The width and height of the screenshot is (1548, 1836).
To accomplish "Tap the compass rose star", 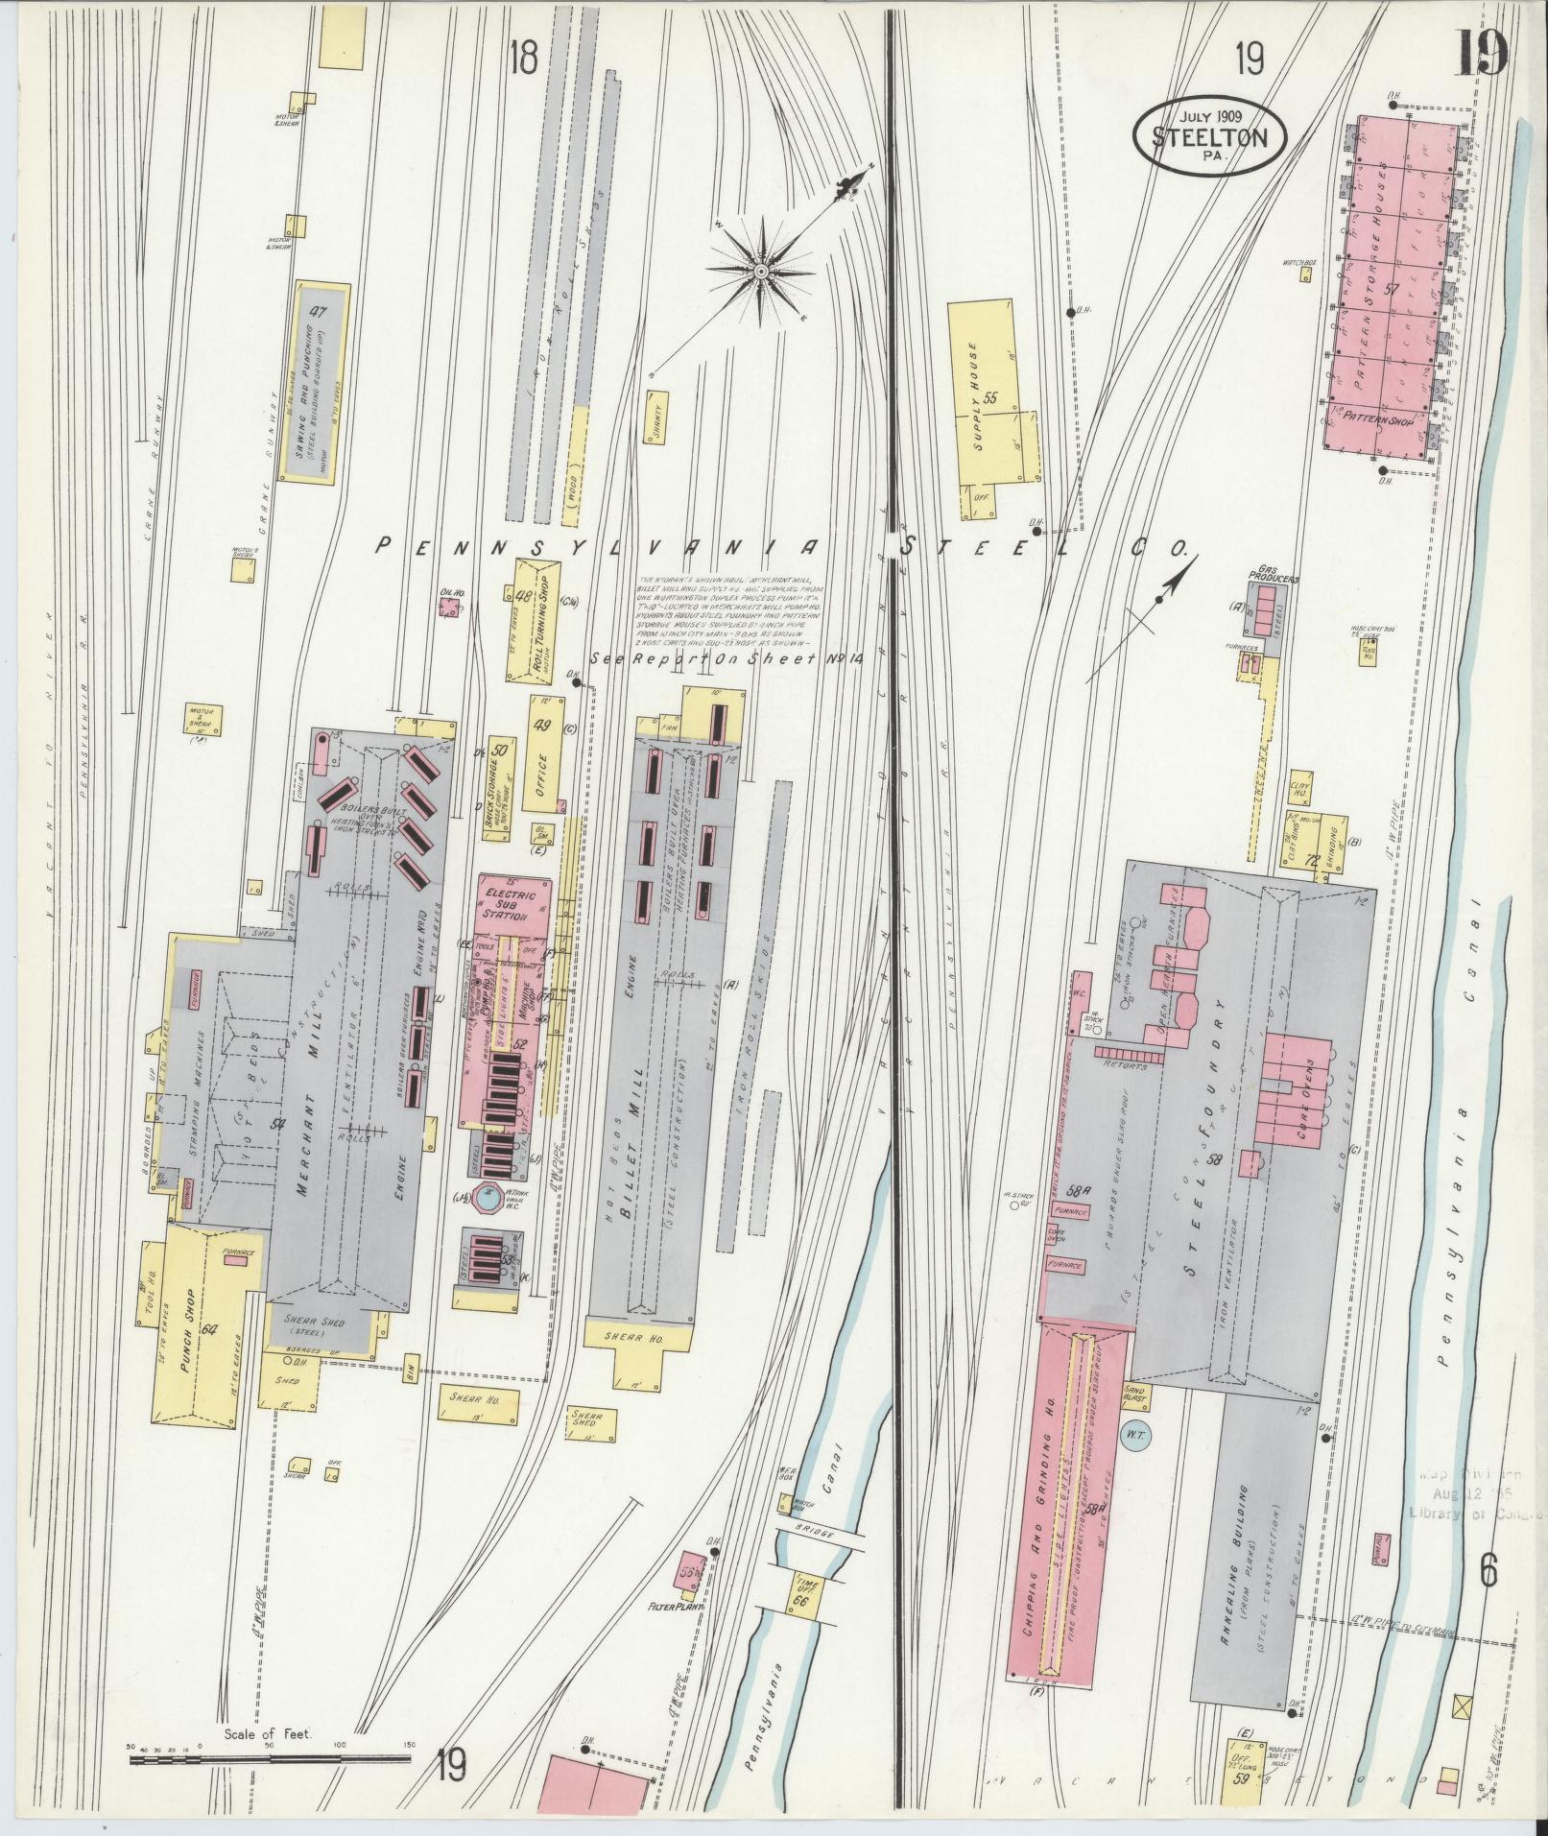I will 760,272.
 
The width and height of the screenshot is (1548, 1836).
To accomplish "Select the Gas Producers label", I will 1273,580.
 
